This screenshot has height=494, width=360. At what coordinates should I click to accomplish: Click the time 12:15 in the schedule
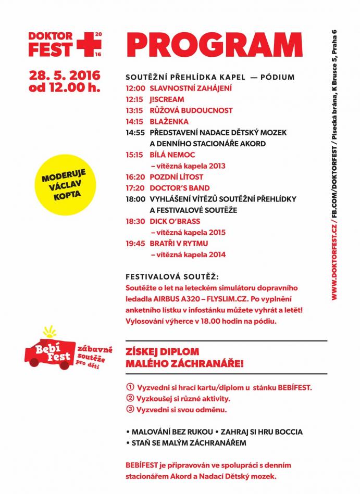pyautogui.click(x=134, y=99)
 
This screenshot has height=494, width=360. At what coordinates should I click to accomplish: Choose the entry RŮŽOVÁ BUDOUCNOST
pyautogui.click(x=191, y=110)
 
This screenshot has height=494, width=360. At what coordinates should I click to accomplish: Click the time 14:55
pyautogui.click(x=134, y=133)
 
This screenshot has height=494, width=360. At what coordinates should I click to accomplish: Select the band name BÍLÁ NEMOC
pyautogui.click(x=172, y=155)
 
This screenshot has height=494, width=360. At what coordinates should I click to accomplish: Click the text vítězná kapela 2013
pyautogui.click(x=188, y=166)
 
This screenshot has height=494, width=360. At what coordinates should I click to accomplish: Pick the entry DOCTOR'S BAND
pyautogui.click(x=179, y=188)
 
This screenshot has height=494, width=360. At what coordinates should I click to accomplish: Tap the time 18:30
pyautogui.click(x=134, y=221)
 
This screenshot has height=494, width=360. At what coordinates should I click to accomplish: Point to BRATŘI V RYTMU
pyautogui.click(x=179, y=244)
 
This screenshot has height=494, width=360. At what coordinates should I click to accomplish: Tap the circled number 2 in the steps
pyautogui.click(x=130, y=399)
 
